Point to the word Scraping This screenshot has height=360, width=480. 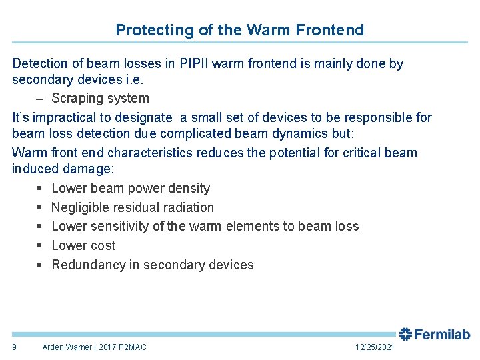81,99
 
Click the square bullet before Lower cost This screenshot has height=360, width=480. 39,246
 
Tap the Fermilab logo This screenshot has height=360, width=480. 435,334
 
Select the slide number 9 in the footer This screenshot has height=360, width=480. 15,347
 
